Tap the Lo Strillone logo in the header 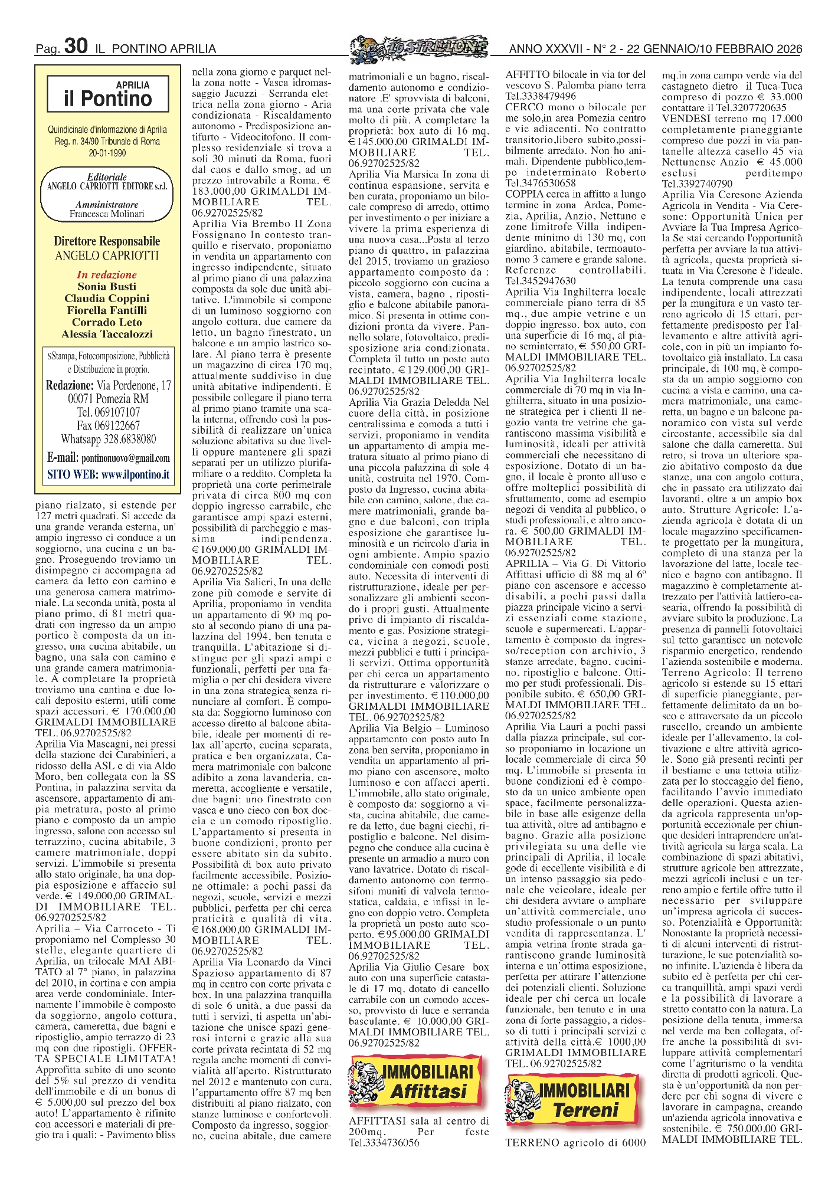(x=418, y=47)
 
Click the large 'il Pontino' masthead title (x=107, y=99)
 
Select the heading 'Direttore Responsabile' (x=107, y=241)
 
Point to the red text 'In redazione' (x=107, y=275)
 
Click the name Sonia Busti (x=107, y=287)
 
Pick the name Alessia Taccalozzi (x=107, y=334)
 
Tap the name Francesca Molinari (x=107, y=214)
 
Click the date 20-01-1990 (x=107, y=153)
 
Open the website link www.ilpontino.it (x=135, y=474)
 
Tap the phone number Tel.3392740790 (x=697, y=184)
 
